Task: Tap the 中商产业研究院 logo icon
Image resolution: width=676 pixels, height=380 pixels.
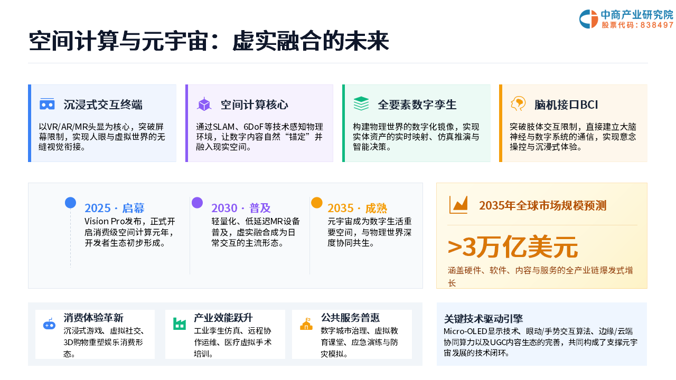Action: pos(588,19)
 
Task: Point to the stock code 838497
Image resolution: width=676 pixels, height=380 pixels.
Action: pos(656,25)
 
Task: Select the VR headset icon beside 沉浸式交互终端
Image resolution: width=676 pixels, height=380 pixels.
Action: pos(47,104)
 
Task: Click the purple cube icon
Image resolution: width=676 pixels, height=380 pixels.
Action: pos(204,104)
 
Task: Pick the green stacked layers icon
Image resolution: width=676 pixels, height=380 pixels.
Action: pos(361,104)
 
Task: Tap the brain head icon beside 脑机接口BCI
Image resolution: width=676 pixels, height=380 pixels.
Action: pos(518,103)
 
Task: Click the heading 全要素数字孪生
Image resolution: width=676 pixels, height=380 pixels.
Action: pos(417,104)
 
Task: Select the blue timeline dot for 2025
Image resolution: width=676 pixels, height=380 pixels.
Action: pos(70,203)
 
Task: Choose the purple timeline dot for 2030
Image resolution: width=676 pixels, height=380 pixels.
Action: pos(197,203)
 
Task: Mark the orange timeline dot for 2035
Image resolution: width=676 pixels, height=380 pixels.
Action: pos(316,203)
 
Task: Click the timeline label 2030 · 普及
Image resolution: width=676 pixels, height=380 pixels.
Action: pos(241,208)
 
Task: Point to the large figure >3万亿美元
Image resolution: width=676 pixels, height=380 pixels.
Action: pos(512,248)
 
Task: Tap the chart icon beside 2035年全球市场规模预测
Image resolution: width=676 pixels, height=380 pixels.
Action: pos(458,205)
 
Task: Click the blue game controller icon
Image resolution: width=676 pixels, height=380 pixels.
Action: pos(49,324)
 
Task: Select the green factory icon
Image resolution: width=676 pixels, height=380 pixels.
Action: pos(179,324)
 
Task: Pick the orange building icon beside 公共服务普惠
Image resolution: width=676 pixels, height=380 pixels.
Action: pos(306,324)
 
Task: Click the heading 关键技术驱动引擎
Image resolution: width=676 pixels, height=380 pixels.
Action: pos(483,318)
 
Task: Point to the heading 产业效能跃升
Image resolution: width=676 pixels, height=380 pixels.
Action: pos(223,318)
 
